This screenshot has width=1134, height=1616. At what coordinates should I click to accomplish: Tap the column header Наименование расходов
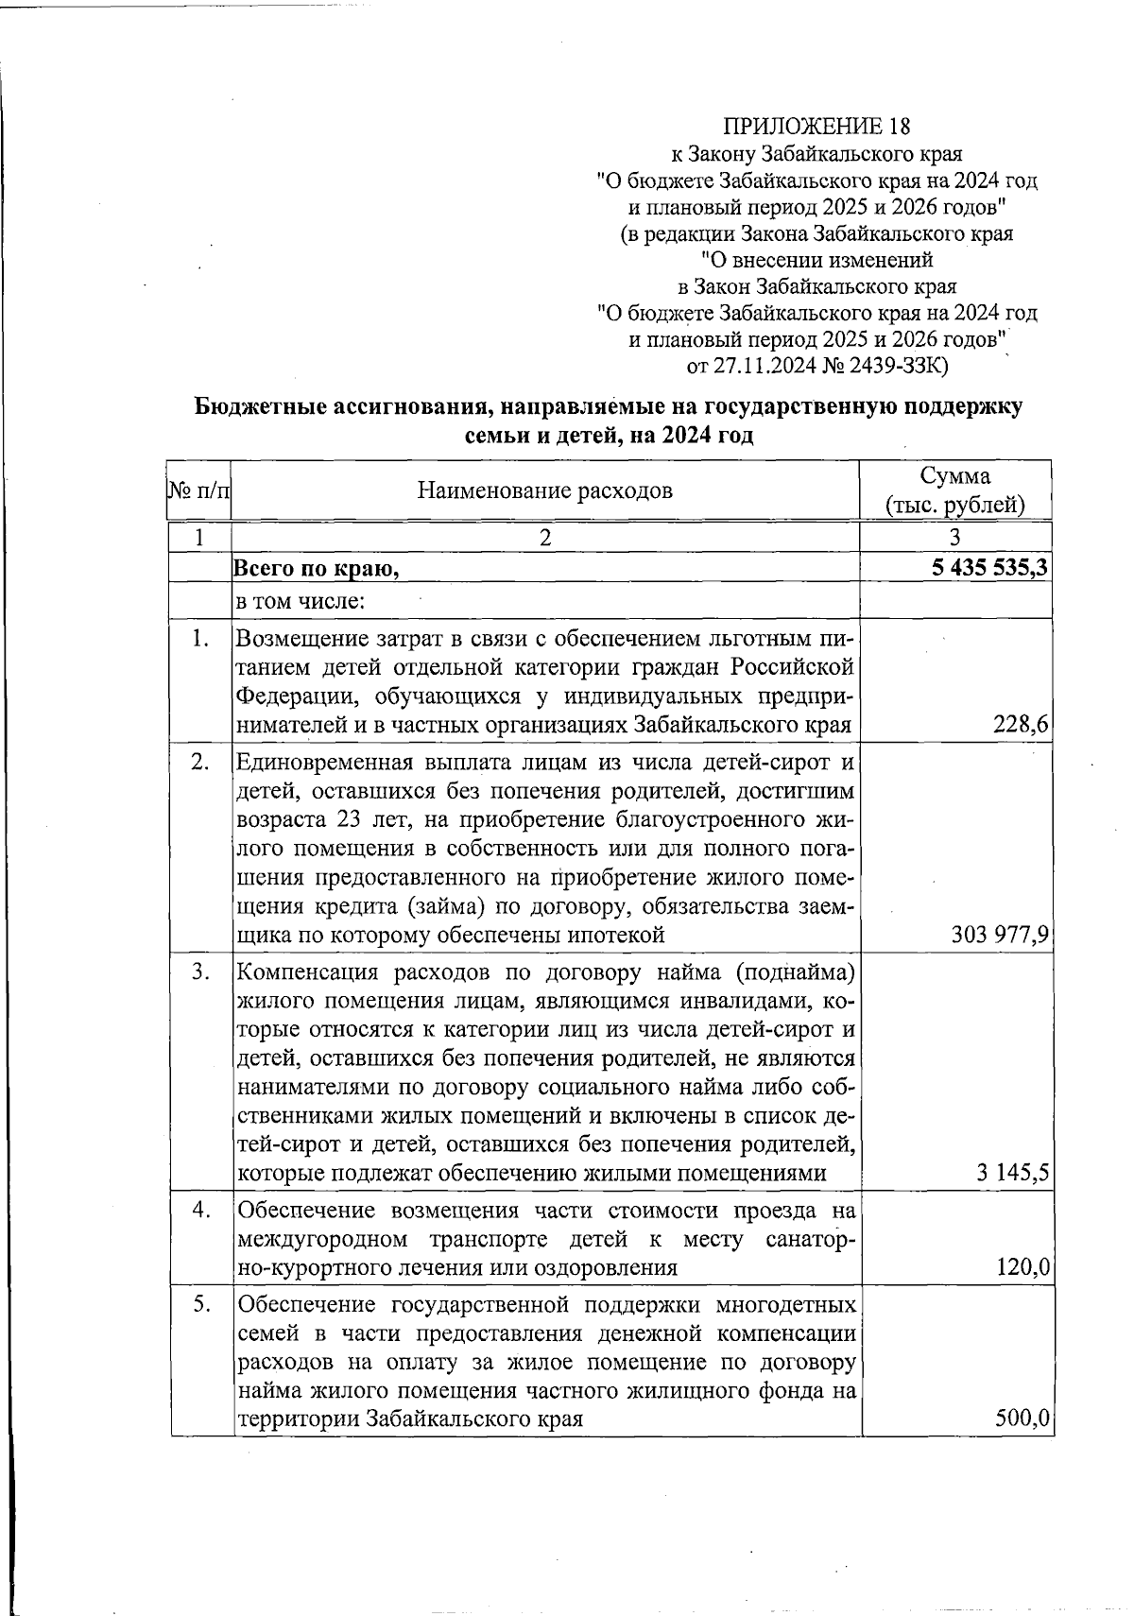click(x=545, y=490)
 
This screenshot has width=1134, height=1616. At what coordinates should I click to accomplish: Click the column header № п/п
click(x=198, y=490)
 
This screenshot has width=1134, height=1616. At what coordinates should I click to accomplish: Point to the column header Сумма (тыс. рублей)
click(x=954, y=490)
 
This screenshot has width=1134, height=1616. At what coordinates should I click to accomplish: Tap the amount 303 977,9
click(x=999, y=935)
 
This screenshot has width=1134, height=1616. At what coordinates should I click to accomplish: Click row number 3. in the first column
click(x=199, y=971)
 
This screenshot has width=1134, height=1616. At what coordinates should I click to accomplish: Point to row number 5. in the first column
click(x=199, y=1305)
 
